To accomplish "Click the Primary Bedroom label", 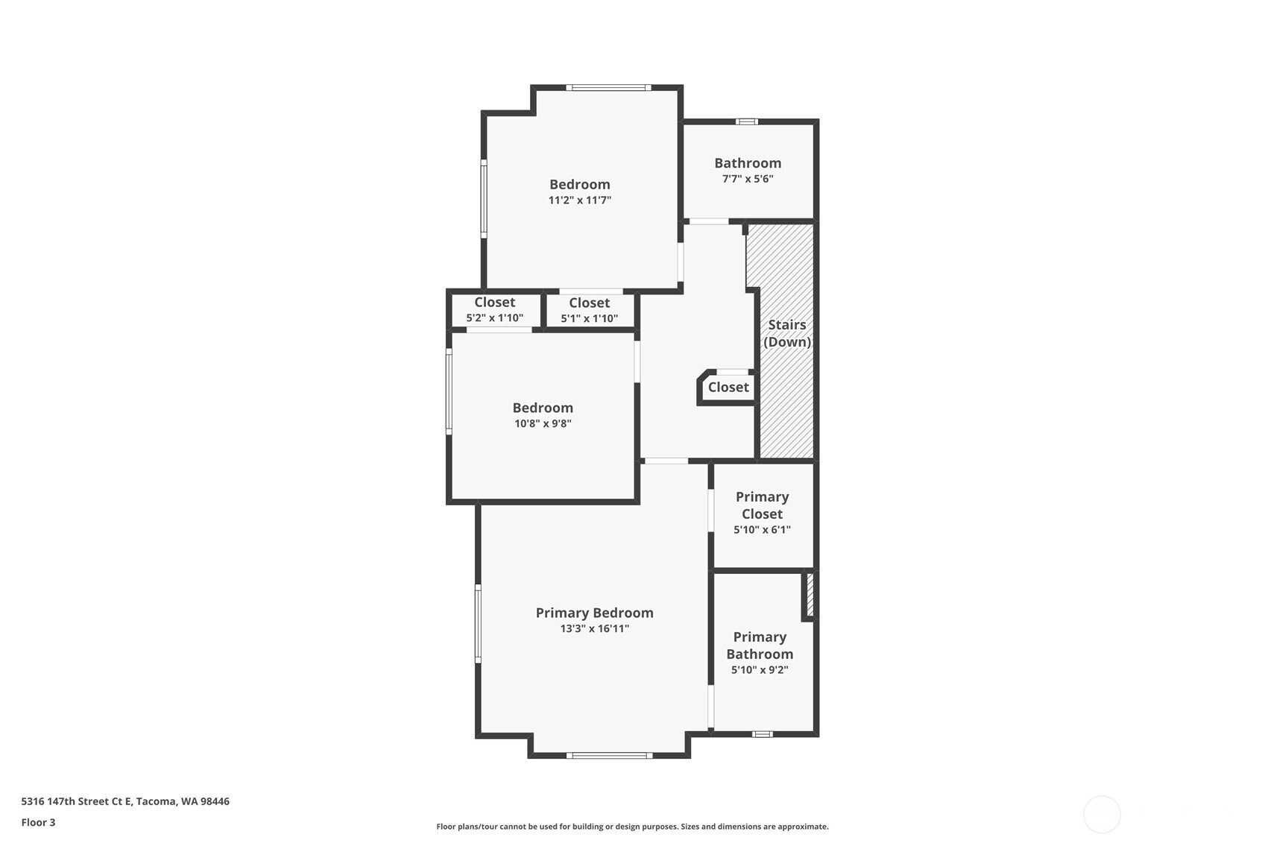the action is point(594,613).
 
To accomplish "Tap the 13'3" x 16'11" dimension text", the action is point(594,628).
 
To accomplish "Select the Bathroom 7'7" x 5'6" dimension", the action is point(748,179).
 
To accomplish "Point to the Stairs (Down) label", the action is point(787,333).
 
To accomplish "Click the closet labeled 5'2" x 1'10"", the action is point(495,310).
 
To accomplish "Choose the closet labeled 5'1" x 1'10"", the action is point(589,310).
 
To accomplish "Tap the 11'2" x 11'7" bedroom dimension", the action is point(580,200).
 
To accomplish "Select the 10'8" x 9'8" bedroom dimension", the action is point(543,423).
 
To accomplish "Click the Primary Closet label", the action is point(762,505).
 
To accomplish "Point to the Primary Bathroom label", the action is point(760,645).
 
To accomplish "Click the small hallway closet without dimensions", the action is point(728,388).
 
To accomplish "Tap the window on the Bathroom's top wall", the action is point(747,121).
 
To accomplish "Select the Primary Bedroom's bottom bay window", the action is point(609,756).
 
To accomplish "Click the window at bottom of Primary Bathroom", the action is point(762,735).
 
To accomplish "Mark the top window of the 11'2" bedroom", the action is point(609,87).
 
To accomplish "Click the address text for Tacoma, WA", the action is point(125,801).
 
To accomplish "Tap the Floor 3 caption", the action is point(39,822).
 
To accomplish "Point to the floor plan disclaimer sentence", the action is point(632,827).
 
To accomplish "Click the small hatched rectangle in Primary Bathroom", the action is point(810,595).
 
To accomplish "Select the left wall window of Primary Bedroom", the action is point(478,624).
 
